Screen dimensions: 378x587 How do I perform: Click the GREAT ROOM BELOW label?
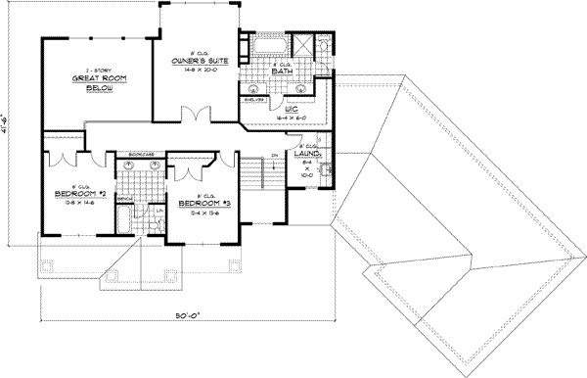(95, 84)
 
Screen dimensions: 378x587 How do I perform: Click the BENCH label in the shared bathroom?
(125, 197)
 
